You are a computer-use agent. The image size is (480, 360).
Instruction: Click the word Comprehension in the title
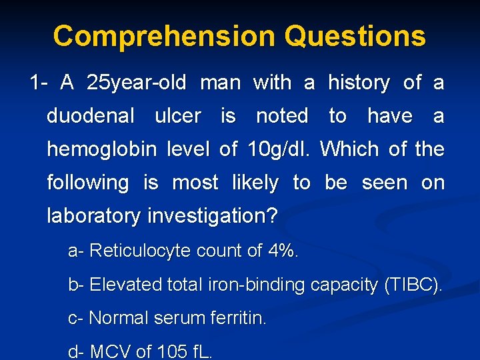coord(163,36)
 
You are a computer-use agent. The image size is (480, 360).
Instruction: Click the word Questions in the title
coord(355,36)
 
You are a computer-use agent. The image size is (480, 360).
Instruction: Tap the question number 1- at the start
coord(38,83)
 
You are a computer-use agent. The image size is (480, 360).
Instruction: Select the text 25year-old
coord(138,83)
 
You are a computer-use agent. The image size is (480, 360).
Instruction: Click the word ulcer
coord(177,116)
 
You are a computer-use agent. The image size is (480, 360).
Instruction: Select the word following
coord(87,183)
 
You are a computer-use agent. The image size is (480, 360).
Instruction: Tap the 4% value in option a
coord(283,251)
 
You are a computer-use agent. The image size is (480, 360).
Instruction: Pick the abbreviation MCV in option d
coord(110,351)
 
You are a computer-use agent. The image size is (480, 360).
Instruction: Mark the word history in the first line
coord(359,83)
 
